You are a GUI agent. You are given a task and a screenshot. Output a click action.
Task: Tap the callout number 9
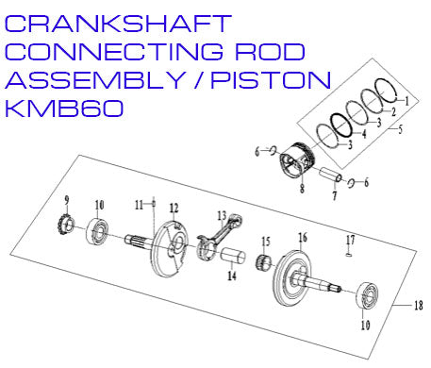67,200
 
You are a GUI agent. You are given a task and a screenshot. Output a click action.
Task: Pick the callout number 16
304,236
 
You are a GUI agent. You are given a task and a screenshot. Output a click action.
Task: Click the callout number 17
349,238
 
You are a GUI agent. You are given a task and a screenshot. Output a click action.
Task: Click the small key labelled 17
349,251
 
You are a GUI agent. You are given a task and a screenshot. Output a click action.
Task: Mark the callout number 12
174,208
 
